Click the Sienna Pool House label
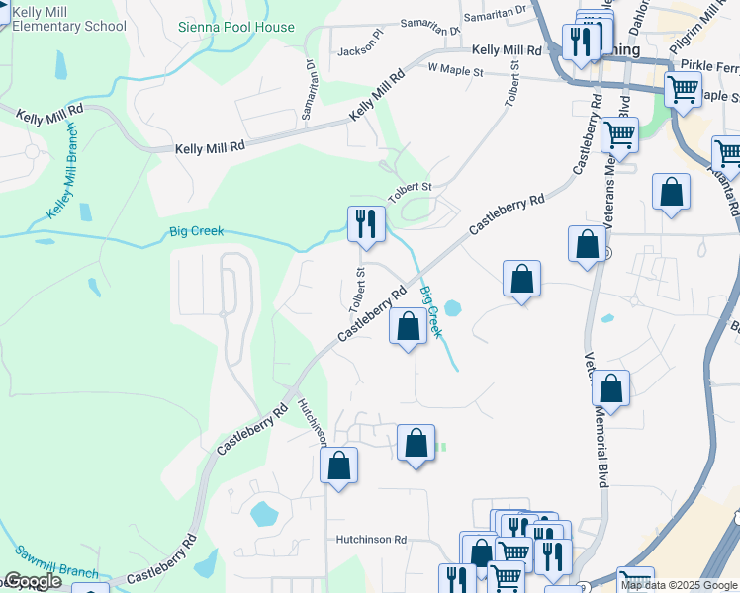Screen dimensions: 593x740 tap(236, 27)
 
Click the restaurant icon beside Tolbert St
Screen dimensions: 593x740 tap(365, 223)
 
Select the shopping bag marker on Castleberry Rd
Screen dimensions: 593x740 tap(407, 326)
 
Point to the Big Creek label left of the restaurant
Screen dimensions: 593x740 tap(194, 231)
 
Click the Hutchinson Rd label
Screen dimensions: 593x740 tap(371, 540)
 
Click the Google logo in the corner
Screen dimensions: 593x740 tap(33, 581)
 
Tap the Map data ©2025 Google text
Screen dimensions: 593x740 tap(679, 585)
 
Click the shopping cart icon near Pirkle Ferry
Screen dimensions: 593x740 tap(683, 90)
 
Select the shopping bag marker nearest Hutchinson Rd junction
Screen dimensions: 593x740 tap(338, 466)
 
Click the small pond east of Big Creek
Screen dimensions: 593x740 tap(453, 308)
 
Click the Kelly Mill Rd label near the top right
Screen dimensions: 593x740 tap(506, 50)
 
